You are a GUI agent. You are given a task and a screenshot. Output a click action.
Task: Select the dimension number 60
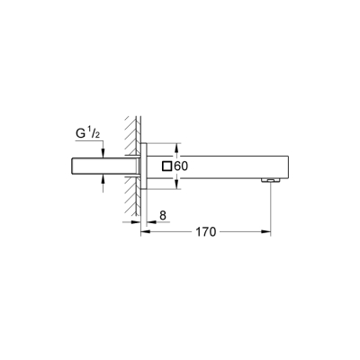(180, 166)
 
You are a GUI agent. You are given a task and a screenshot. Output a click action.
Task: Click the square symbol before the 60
(166, 166)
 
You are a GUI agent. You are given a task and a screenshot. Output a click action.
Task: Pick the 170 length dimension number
(206, 231)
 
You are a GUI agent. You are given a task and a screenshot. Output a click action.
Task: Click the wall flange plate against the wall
(144, 166)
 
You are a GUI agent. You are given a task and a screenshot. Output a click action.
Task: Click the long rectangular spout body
(225, 166)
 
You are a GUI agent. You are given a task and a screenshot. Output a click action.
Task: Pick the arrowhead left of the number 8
(137, 216)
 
